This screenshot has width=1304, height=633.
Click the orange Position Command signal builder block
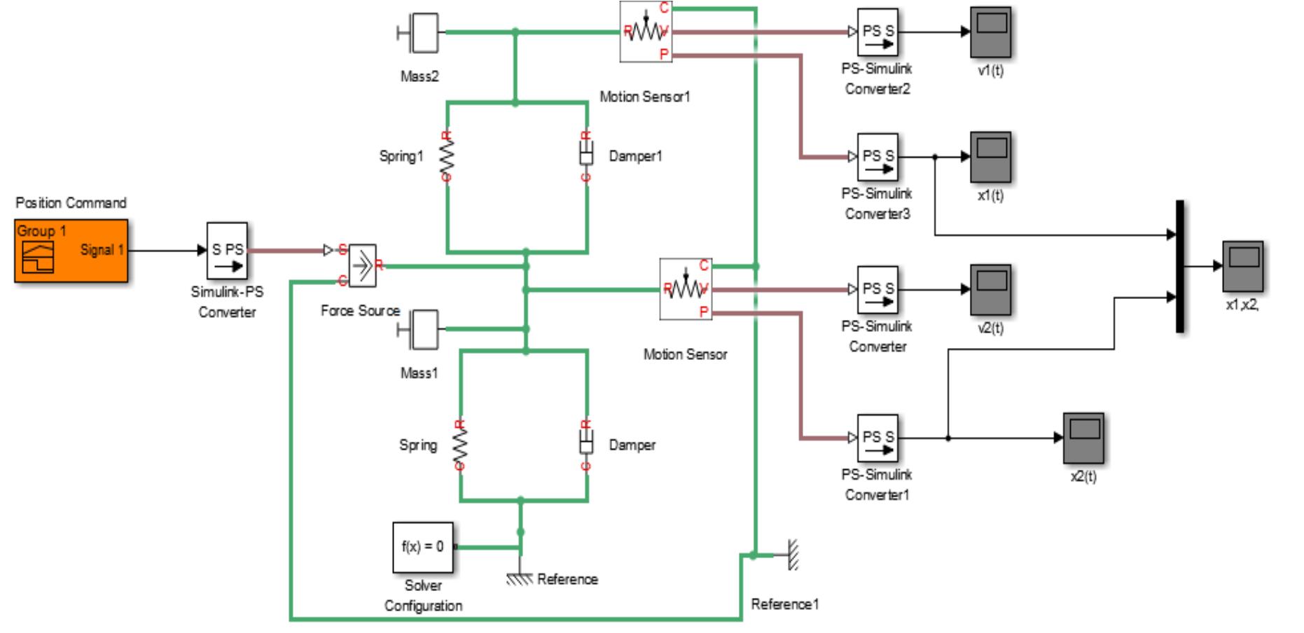71,251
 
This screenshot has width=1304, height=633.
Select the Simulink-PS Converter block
227,251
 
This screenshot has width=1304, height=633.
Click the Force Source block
362,266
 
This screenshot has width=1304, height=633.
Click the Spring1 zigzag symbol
447,155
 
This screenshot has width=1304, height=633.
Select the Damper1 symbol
586,155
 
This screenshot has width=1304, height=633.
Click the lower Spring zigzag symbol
460,445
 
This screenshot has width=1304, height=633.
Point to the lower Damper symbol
586,445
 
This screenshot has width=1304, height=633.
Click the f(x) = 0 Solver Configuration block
422,547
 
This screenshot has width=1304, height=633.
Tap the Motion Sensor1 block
646,32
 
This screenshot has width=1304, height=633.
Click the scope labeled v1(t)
990,32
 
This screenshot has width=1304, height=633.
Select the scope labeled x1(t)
990,157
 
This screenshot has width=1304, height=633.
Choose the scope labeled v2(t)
990,289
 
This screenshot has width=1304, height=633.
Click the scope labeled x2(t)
1083,438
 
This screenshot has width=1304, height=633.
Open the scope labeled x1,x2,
1242,266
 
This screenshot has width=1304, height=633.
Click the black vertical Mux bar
1179,266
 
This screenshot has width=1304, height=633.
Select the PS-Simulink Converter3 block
878,157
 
